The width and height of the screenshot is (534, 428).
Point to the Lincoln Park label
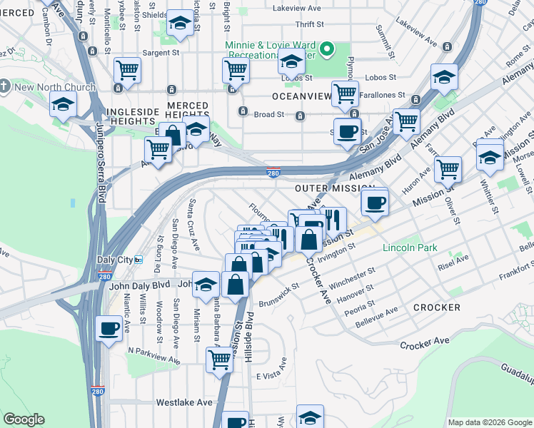tap(409, 248)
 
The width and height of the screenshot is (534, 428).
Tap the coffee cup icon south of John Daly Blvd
tap(109, 330)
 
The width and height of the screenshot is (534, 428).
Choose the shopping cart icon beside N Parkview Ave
tap(219, 360)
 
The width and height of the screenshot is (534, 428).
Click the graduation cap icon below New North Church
tap(63, 105)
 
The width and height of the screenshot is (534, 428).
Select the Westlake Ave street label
tap(184, 402)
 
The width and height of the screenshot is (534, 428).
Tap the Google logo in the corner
tap(24, 419)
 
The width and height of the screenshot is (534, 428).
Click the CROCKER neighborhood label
tap(436, 307)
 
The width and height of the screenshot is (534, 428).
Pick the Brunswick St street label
tap(278, 293)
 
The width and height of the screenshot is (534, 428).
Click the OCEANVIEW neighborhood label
tap(301, 96)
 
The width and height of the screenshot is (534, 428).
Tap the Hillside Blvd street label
tap(248, 335)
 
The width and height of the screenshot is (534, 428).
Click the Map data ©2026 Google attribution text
tap(489, 422)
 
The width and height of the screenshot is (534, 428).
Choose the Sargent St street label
tap(160, 52)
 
